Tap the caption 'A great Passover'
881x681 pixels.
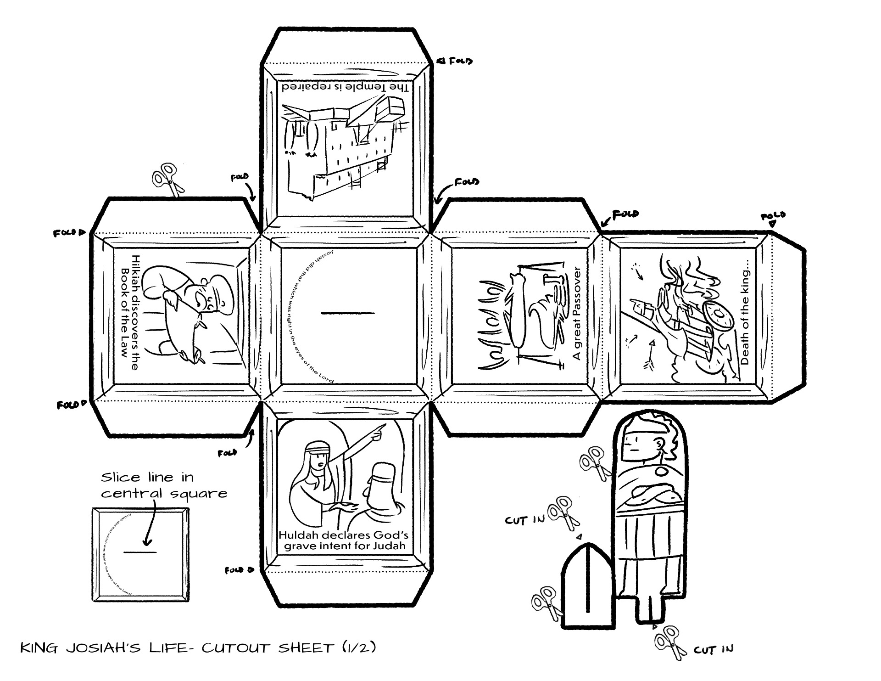tap(577, 314)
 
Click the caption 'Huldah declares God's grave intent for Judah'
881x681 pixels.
tap(344, 540)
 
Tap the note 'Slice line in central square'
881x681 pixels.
tap(163, 485)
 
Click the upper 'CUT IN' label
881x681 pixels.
tap(525, 519)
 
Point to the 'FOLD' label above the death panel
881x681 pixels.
tap(773, 216)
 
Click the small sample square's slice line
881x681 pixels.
tap(140, 552)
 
